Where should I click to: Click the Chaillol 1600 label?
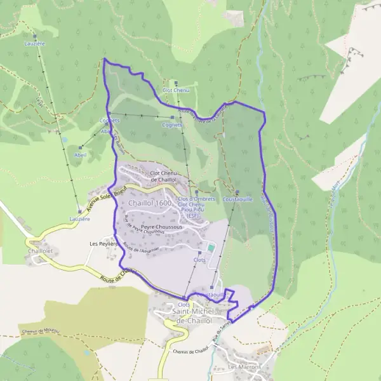coord(150,203)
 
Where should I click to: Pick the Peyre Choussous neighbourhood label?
coord(161,226)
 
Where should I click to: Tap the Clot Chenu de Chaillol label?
coord(163,176)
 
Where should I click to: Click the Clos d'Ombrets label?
coord(196,199)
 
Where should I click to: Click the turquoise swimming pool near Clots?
coord(211,247)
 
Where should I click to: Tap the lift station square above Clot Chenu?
coord(176,82)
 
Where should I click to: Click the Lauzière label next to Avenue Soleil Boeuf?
coord(79,218)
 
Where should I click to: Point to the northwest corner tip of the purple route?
coord(104,60)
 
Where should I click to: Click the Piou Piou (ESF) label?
coord(196,212)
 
